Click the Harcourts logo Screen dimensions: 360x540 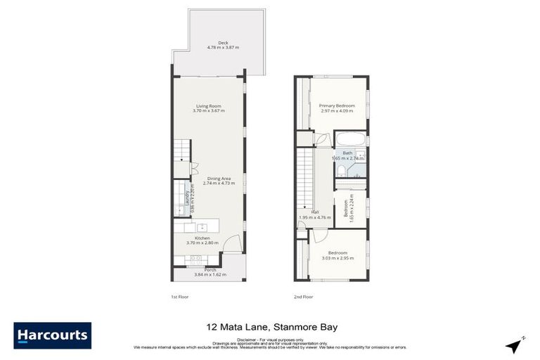tap(52, 335)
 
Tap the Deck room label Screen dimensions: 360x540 tap(223, 43)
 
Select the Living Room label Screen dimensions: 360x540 tap(209, 106)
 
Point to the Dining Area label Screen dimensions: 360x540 tap(217, 179)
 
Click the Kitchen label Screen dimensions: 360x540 tap(202, 239)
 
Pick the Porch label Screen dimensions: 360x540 tap(210, 269)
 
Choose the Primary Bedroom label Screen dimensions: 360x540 tap(337, 105)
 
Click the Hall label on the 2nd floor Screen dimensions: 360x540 tap(306, 212)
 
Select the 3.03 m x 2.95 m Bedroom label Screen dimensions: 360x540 tap(337, 252)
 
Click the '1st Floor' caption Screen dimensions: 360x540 tap(180, 297)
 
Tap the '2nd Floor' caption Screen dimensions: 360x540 tap(304, 297)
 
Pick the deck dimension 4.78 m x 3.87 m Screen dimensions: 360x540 tap(223, 47)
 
